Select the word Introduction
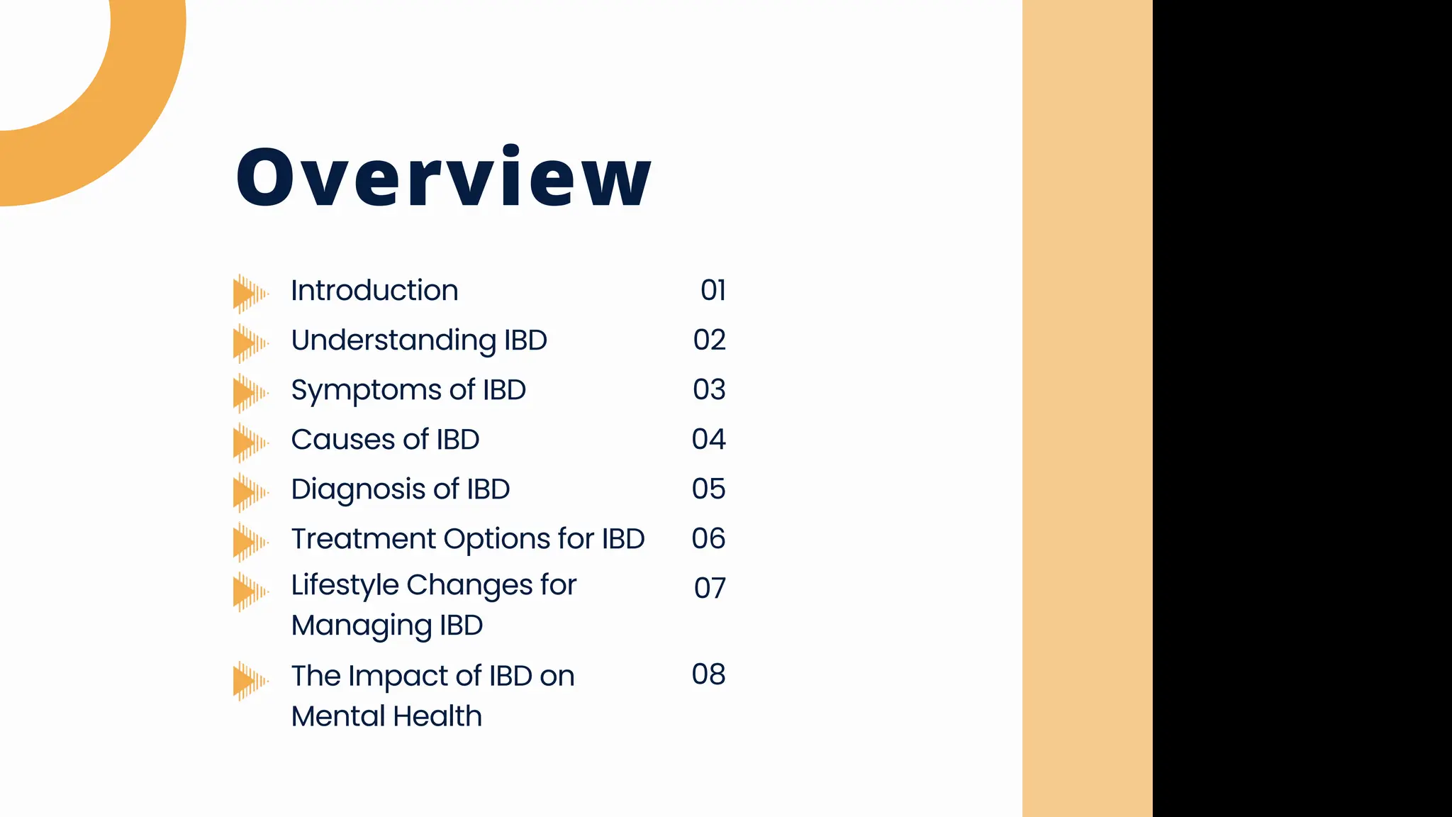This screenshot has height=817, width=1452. [374, 291]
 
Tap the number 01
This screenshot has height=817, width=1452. [713, 290]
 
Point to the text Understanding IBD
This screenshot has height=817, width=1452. [419, 340]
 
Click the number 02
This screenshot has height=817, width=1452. [709, 340]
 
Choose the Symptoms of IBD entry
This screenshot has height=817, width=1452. [408, 390]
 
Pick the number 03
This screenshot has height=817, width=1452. [709, 389]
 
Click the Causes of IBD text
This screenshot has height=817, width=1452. [385, 440]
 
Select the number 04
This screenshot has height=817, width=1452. [708, 439]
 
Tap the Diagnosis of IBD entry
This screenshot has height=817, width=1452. [400, 489]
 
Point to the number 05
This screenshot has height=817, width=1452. [708, 489]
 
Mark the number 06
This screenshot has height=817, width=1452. [708, 538]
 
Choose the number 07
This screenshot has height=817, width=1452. [710, 588]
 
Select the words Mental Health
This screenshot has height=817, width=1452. [386, 716]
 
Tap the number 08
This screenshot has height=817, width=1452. [708, 674]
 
